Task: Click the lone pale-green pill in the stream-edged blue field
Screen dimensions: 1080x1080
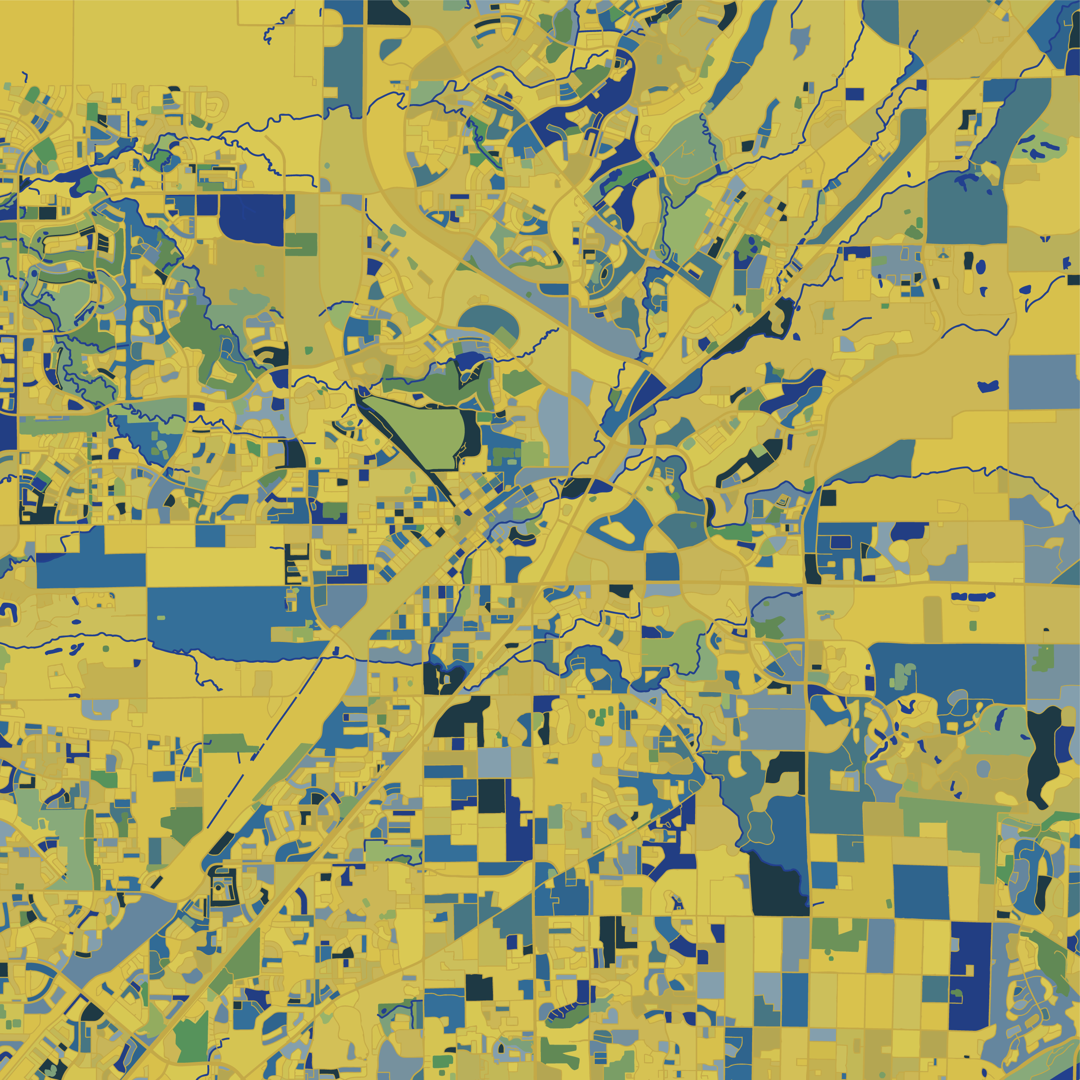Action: pyautogui.click(x=162, y=617)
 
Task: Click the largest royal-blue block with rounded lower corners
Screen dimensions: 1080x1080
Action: pyautogui.click(x=251, y=218)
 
